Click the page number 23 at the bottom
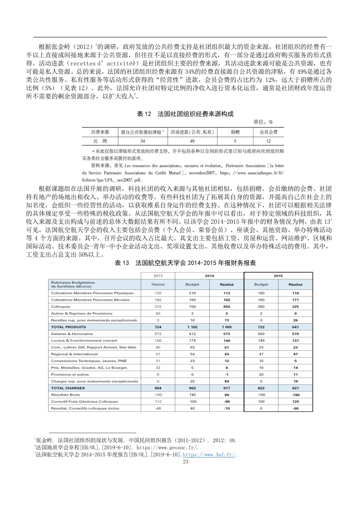tap(186, 461)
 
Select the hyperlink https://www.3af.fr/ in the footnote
tap(208, 455)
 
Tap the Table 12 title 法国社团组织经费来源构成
tap(185, 114)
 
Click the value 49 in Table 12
tap(192, 141)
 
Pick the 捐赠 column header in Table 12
tap(235, 132)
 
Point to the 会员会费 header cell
tap(268, 132)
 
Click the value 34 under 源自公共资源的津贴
tap(143, 141)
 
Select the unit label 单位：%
tap(263, 122)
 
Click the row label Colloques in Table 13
tap(61, 307)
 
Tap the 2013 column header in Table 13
tap(158, 276)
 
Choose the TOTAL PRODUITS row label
tap(64, 327)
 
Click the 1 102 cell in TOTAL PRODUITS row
tap(192, 327)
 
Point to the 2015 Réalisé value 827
tap(295, 388)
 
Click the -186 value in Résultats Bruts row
tap(295, 395)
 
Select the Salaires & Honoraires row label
tap(72, 334)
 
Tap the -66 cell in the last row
tap(295, 408)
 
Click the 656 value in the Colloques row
tap(227, 307)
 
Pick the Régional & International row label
tap(74, 354)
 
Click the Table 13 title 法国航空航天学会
tap(185, 263)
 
